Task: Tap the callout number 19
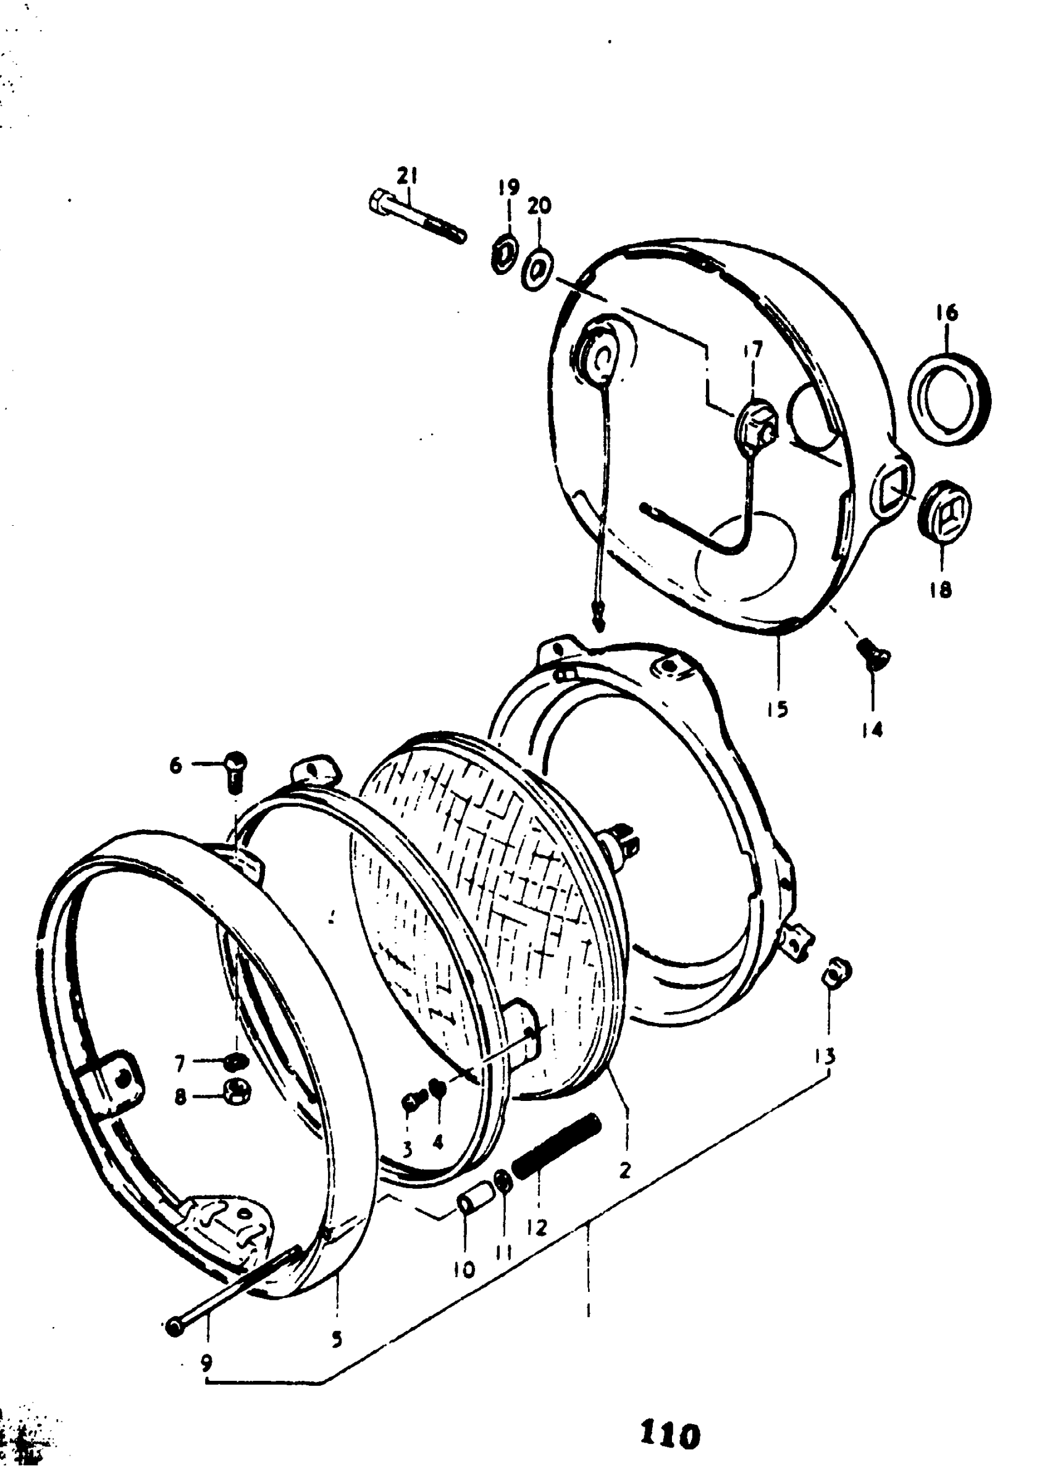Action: click(509, 188)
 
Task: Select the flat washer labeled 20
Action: click(537, 271)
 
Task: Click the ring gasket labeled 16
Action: click(949, 398)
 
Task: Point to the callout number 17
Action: click(752, 350)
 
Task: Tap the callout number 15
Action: click(778, 709)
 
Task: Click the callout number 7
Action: click(180, 1064)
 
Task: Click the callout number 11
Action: click(503, 1252)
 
